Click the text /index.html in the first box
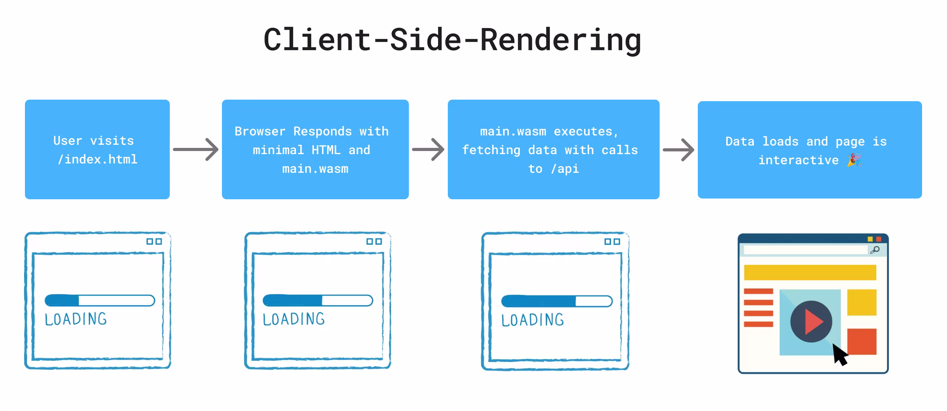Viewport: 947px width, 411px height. tap(97, 160)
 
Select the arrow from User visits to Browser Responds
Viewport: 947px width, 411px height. tap(196, 149)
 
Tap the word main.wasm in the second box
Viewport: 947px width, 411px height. tap(315, 169)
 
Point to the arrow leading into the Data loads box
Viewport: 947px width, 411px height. tap(678, 149)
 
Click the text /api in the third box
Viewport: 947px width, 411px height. tap(565, 169)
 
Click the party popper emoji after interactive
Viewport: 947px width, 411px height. tap(854, 160)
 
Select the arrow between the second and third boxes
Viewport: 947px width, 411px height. tap(428, 149)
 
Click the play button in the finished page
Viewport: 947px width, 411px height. tap(811, 321)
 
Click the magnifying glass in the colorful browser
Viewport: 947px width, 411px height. tap(875, 250)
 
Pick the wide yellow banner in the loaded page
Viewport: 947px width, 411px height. tap(810, 272)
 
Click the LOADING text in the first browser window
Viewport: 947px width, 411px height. tap(76, 319)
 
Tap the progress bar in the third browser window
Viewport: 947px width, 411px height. tap(556, 301)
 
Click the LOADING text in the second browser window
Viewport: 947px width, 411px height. tap(294, 319)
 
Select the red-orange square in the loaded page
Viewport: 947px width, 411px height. tap(862, 341)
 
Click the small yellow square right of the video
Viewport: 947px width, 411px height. tap(862, 302)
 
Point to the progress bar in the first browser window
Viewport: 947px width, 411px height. tap(100, 300)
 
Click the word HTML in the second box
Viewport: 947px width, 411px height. tap(326, 150)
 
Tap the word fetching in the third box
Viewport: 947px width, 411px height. tap(491, 150)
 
